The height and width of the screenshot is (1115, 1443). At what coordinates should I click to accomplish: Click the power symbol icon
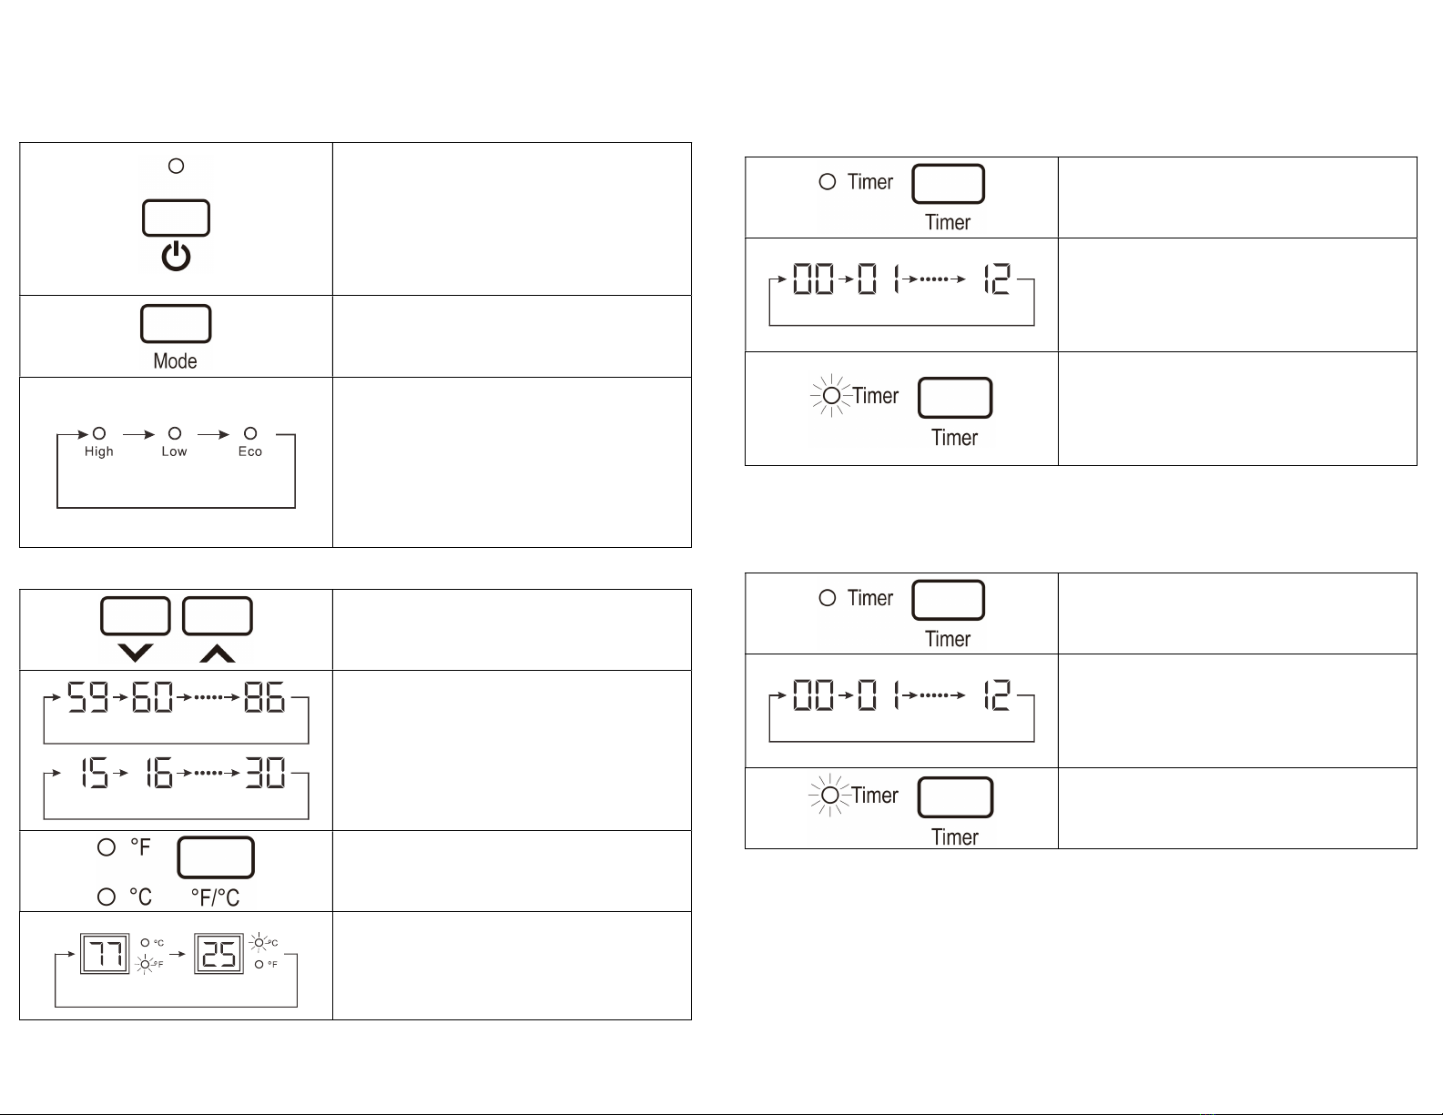[x=176, y=257]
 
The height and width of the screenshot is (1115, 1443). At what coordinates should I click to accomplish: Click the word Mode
[x=176, y=361]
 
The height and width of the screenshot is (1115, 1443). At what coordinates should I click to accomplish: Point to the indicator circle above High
[x=99, y=433]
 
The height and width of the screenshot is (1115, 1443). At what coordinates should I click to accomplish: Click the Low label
[x=174, y=451]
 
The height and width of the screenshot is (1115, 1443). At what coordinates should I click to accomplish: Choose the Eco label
[x=250, y=451]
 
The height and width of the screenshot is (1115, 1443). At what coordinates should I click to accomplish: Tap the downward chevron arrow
[x=136, y=653]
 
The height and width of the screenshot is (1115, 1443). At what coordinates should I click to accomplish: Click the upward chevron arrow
[x=218, y=654]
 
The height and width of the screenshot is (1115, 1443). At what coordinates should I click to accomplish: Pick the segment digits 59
[x=87, y=697]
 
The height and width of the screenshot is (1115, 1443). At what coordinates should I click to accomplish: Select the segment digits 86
[x=264, y=697]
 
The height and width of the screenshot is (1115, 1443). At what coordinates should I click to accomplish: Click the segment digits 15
[x=95, y=773]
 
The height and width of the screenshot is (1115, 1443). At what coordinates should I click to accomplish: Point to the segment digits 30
[x=265, y=773]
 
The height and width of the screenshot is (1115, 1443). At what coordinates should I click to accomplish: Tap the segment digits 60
[x=152, y=697]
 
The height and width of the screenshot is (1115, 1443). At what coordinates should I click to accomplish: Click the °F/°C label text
[x=215, y=898]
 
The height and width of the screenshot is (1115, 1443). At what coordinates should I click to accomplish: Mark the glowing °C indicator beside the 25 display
[x=259, y=942]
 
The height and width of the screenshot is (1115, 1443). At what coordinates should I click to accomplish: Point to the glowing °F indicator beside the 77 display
[x=145, y=964]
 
